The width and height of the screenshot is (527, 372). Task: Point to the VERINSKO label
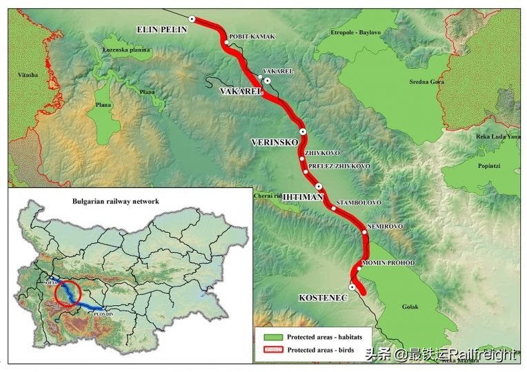pyautogui.click(x=274, y=142)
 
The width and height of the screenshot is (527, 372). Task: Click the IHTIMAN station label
pyautogui.click(x=304, y=196)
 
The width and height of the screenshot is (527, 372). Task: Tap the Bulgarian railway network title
pyautogui.click(x=116, y=201)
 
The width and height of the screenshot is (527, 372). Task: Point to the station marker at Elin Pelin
pyautogui.click(x=192, y=19)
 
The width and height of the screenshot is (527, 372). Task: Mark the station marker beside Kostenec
pyautogui.click(x=352, y=287)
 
